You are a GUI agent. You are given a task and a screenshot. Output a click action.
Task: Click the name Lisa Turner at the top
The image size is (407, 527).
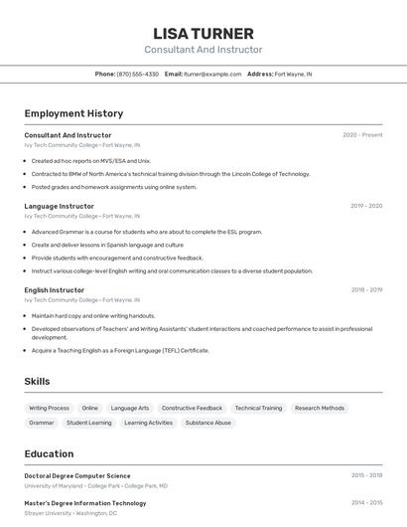pyautogui.click(x=203, y=33)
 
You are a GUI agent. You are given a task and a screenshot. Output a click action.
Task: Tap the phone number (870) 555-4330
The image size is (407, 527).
pyautogui.click(x=138, y=74)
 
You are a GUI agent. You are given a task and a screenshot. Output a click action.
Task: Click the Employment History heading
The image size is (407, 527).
pyautogui.click(x=73, y=113)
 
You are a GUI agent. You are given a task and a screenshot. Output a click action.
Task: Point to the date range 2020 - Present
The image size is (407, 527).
pyautogui.click(x=362, y=135)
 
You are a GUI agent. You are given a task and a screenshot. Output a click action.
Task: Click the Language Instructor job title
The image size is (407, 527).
pyautogui.click(x=60, y=206)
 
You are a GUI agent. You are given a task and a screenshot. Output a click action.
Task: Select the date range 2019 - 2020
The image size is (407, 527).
pyautogui.click(x=366, y=206)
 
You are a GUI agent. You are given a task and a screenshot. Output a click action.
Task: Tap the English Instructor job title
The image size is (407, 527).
pyautogui.click(x=55, y=289)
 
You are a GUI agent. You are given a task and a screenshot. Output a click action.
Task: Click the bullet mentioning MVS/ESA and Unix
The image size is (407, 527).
pyautogui.click(x=91, y=160)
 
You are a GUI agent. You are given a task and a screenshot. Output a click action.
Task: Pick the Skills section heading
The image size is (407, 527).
pyautogui.click(x=37, y=381)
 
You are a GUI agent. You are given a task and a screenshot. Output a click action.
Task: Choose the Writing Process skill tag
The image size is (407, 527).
pyautogui.click(x=50, y=408)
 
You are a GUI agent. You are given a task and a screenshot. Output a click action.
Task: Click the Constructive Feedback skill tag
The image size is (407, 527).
pyautogui.click(x=192, y=408)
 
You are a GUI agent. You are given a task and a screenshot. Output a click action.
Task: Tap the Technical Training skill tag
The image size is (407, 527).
pyautogui.click(x=258, y=408)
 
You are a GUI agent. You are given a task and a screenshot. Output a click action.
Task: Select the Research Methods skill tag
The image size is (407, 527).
pyautogui.click(x=320, y=408)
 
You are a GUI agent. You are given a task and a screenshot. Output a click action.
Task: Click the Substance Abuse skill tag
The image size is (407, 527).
pyautogui.click(x=208, y=423)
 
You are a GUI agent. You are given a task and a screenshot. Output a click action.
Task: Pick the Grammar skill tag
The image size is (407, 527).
pyautogui.click(x=42, y=423)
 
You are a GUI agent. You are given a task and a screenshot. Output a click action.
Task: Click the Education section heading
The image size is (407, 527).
pyautogui.click(x=49, y=453)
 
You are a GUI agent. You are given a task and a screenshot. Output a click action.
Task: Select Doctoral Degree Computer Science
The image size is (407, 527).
pyautogui.click(x=77, y=476)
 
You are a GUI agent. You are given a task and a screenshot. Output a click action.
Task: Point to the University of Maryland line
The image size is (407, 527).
pyautogui.click(x=95, y=486)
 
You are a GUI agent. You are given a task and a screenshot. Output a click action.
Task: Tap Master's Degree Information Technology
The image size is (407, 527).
pyautogui.click(x=85, y=503)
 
